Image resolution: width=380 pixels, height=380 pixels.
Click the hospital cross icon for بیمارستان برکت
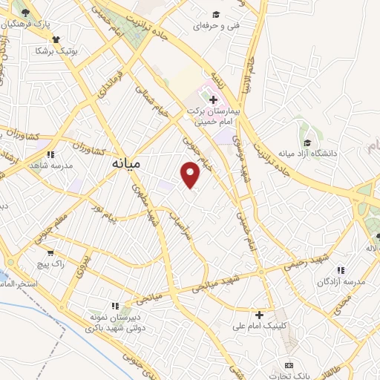213,99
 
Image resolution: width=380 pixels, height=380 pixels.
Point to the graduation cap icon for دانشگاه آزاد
307,142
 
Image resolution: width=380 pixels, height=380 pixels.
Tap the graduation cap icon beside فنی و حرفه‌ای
216,14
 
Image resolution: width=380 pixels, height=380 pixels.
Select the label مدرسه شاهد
50,165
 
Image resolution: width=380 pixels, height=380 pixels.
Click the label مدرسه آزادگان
341,282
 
